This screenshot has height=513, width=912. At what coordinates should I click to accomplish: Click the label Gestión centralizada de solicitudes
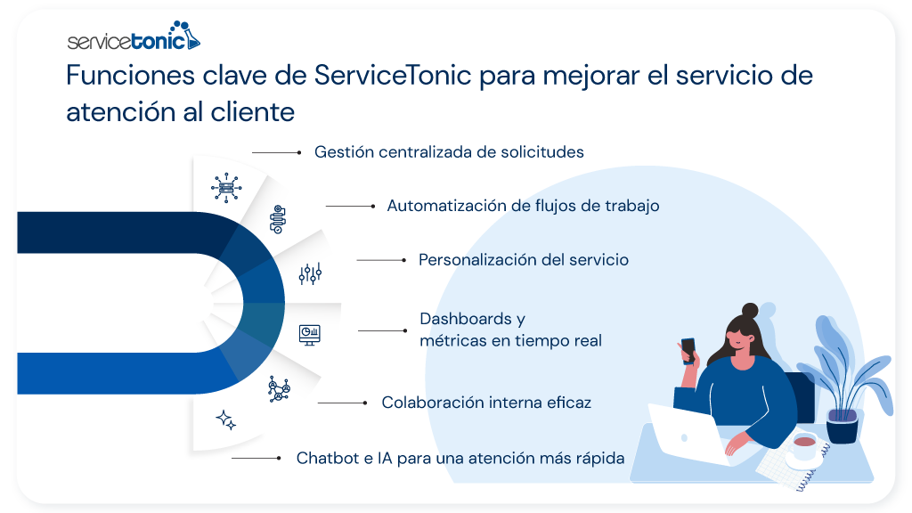click(449, 152)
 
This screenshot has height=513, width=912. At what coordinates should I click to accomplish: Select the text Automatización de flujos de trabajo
click(523, 206)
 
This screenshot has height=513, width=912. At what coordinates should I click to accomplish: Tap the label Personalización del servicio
click(524, 260)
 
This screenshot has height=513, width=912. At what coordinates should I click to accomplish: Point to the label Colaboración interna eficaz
click(486, 403)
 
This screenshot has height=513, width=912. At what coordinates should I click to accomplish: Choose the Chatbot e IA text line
click(460, 458)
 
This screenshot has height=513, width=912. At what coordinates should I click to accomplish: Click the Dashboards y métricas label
click(510, 330)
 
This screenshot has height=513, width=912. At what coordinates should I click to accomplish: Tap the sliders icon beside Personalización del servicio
click(310, 273)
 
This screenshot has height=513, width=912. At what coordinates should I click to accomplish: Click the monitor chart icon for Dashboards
click(309, 333)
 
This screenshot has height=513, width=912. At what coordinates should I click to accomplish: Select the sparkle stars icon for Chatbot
click(226, 420)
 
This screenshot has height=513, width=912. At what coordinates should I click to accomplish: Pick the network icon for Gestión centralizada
click(224, 186)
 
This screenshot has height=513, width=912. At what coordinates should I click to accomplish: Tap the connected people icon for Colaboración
click(280, 389)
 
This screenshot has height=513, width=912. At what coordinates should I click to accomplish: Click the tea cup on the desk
click(804, 444)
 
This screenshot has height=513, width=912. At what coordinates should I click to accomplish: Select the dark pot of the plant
click(842, 426)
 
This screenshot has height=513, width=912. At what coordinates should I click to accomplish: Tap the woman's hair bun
click(750, 311)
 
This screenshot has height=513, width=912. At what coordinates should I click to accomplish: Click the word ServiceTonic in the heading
click(393, 76)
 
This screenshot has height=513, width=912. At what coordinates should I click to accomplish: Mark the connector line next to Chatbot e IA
click(256, 458)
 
